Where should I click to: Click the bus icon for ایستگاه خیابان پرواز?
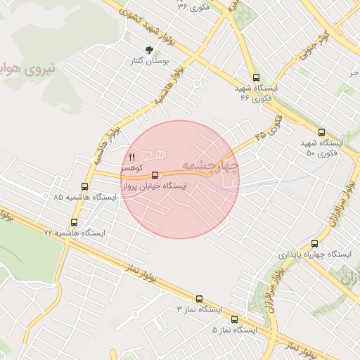point(155,174)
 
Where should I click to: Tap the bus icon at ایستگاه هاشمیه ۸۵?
point(85,186)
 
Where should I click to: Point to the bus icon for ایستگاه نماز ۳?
point(199,298)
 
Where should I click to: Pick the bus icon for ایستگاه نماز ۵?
point(234,319)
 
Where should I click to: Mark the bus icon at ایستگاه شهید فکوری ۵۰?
point(321,132)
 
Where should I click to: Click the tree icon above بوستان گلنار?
point(149,50)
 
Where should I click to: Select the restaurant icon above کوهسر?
point(131,157)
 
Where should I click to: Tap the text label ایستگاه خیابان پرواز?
point(155,187)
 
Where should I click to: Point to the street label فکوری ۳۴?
point(193,6)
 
